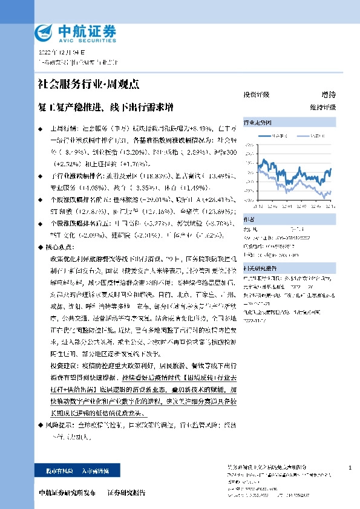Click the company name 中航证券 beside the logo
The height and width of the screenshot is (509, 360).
click(77, 29)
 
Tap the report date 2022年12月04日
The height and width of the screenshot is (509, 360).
click(57, 53)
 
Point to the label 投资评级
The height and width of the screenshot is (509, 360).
click(256, 94)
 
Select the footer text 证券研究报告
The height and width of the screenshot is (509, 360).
click(127, 493)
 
